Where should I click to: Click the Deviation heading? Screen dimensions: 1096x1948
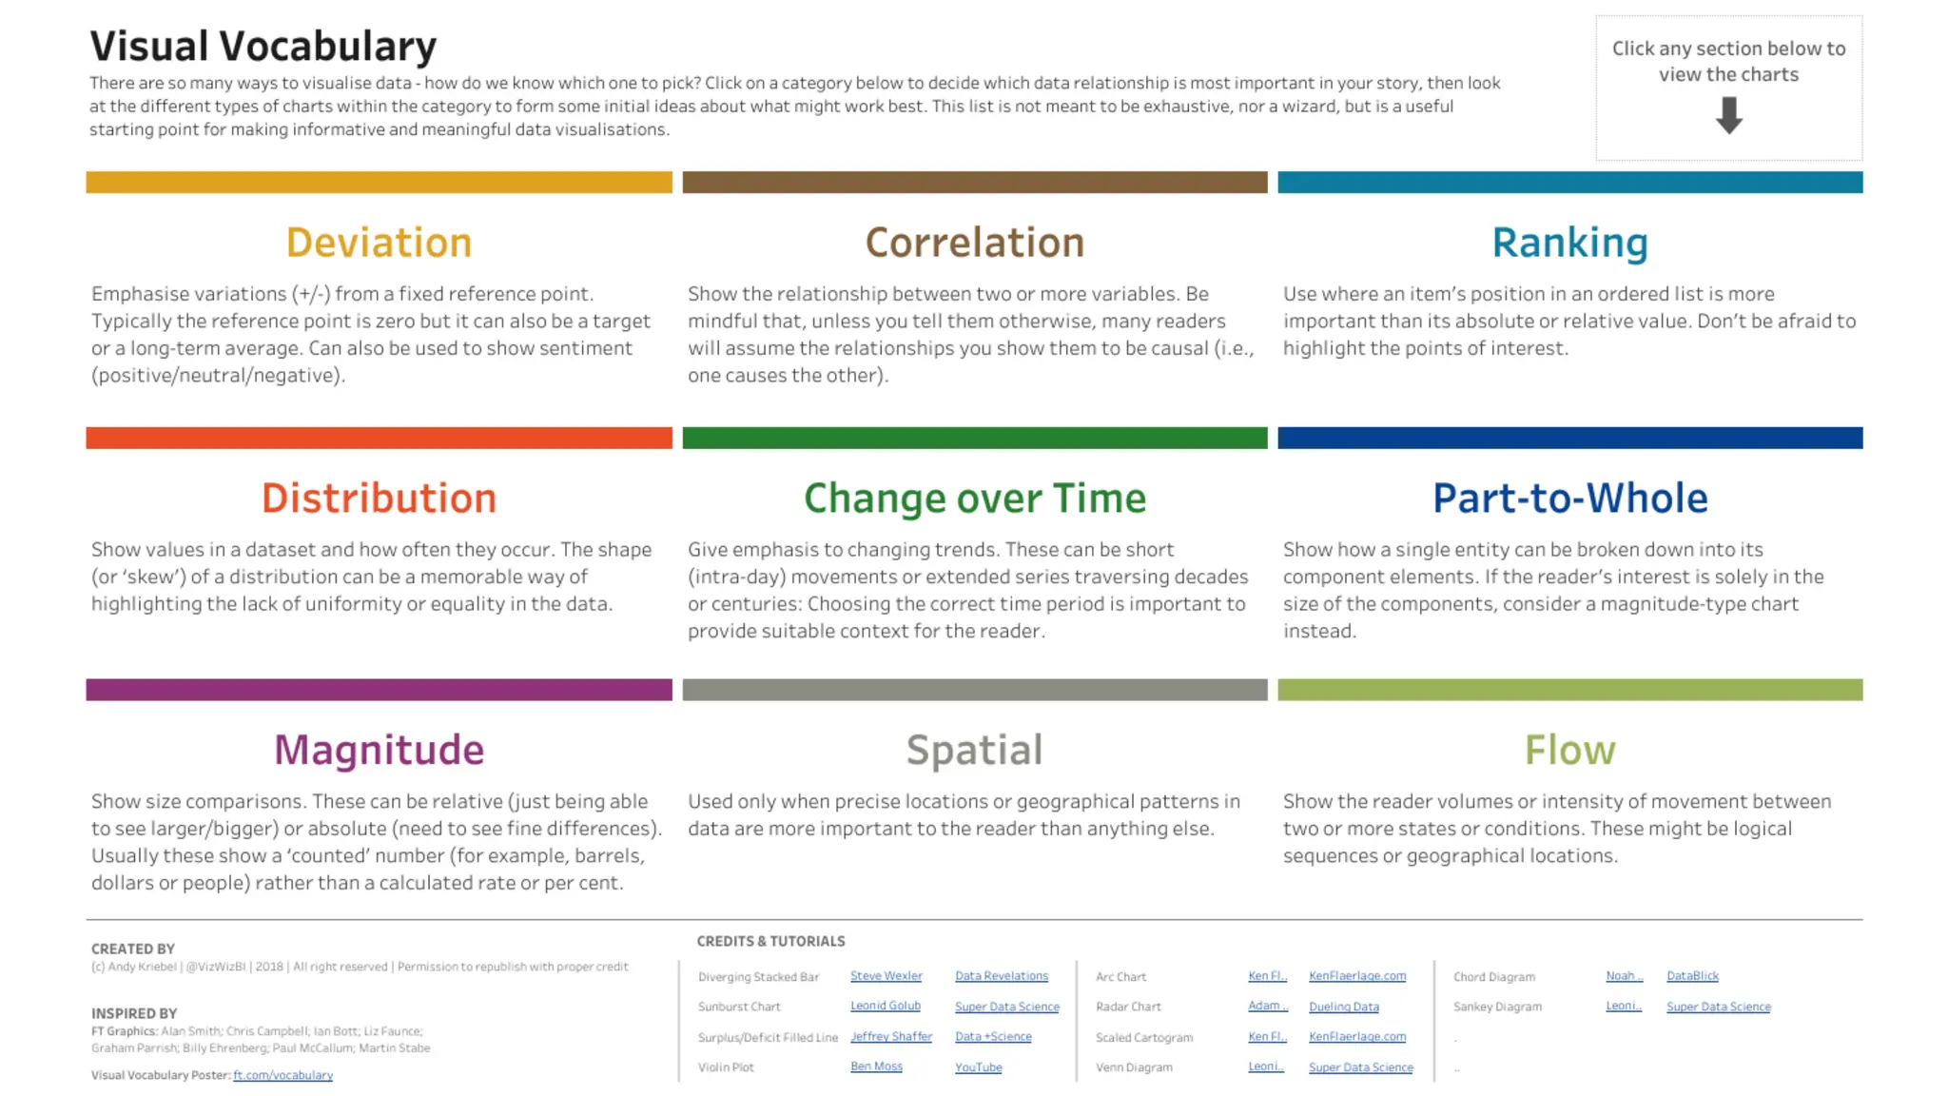[379, 243]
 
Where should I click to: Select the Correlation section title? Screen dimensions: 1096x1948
[974, 243]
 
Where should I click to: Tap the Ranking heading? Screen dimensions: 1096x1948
[1569, 243]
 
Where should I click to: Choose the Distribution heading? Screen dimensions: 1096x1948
[379, 499]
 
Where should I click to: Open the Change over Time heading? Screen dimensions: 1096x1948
[974, 499]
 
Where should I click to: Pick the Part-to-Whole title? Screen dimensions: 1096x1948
[1569, 499]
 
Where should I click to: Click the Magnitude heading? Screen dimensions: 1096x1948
[379, 750]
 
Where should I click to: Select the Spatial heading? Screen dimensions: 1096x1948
[974, 750]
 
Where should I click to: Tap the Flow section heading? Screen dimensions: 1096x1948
[1569, 750]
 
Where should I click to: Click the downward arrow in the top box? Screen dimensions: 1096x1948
[1728, 116]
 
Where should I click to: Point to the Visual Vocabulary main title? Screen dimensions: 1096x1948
[263, 46]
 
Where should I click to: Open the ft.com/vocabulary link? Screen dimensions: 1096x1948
[282, 1075]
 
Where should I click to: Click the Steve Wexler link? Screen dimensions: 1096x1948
[886, 976]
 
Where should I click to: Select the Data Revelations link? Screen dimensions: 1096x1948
[1001, 976]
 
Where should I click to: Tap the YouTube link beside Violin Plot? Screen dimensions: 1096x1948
[978, 1067]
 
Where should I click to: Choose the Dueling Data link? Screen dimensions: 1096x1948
[1343, 1007]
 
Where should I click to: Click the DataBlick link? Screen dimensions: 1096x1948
[1692, 976]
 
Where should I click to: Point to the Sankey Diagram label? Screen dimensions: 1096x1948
[1497, 1007]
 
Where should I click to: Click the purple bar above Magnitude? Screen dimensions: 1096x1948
[379, 690]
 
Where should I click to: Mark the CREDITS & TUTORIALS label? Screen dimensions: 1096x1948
[770, 941]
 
